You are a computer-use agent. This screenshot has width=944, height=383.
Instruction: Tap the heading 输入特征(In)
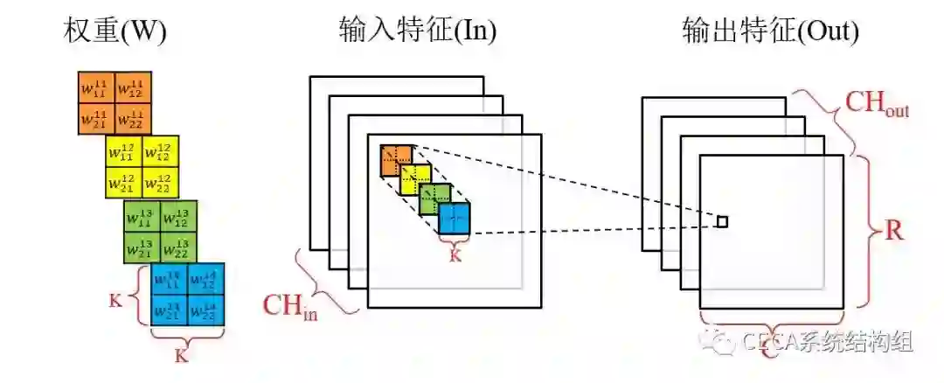coord(418,31)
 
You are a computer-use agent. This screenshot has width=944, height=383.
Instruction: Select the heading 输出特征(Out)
coord(770,31)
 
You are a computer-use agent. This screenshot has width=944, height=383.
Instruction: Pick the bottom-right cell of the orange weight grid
coord(133,118)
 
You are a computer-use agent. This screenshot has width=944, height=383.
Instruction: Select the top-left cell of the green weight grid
coord(142,216)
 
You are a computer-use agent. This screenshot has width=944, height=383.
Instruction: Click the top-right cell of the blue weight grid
coord(206,280)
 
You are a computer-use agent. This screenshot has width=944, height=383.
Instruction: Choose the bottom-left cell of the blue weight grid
coord(170,311)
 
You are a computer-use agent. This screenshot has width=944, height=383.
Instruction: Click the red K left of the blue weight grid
coord(116,300)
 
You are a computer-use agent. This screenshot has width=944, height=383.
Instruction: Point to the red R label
coord(893,232)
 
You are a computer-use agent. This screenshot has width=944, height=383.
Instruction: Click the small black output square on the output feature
coord(722,222)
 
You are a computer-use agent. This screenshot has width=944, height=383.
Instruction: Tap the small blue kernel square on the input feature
coord(455,219)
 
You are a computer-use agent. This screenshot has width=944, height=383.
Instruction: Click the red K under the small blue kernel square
coord(454,255)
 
